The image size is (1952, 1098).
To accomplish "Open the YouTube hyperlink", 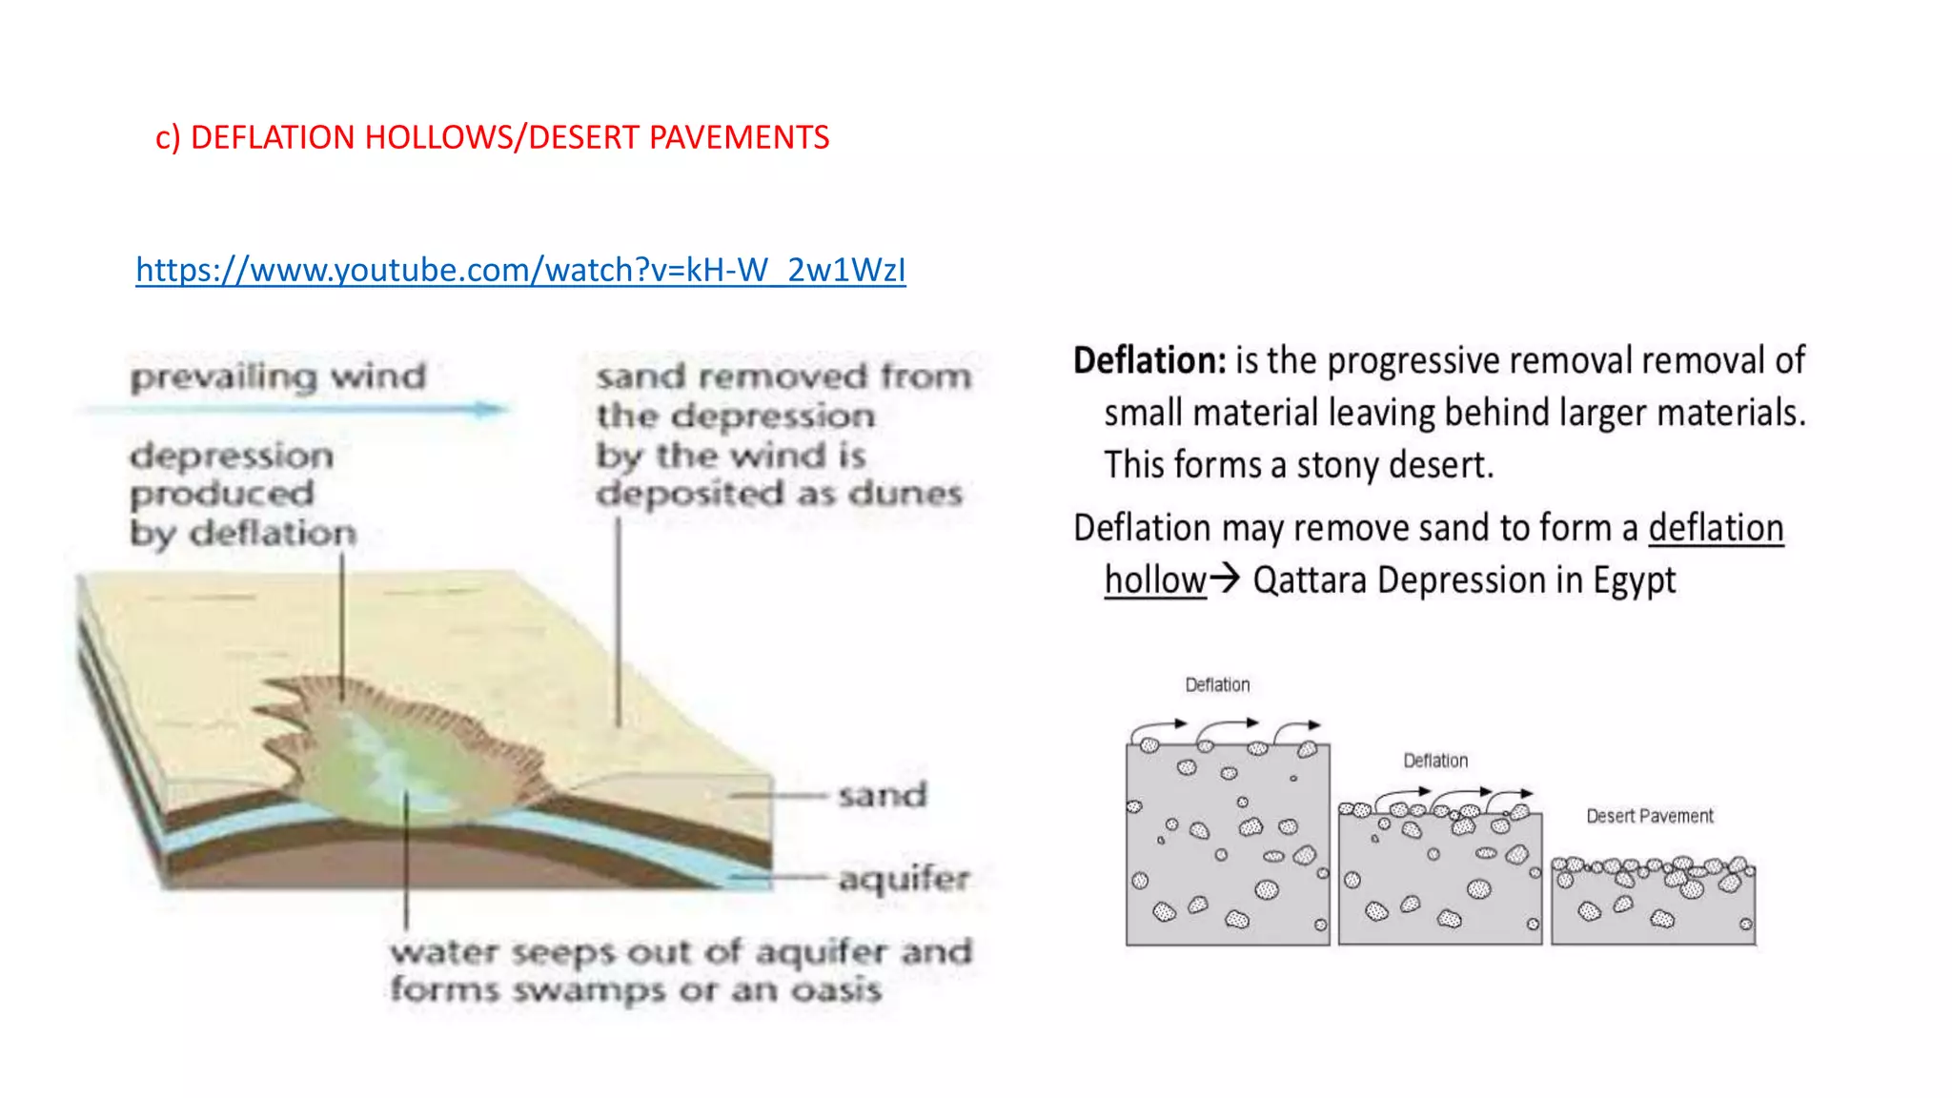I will pos(520,271).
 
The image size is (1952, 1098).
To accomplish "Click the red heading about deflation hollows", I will pos(492,137).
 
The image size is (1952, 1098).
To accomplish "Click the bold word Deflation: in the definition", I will pos(1149,360).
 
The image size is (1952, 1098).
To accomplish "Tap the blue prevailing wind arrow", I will pos(295,410).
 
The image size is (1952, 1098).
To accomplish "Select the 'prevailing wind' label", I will pos(278,376).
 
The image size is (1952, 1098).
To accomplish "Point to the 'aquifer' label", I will pos(904,878).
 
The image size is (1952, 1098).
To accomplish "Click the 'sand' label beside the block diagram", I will pos(882,794).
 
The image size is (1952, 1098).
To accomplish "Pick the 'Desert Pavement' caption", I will pos(1649,816).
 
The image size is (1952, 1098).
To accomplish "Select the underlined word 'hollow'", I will pos(1155,579).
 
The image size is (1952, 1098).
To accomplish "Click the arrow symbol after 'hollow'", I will pos(1225,578).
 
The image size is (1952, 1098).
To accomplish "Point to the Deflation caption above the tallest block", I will pos(1217,684).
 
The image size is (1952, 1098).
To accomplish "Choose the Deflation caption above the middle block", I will pos(1434,761).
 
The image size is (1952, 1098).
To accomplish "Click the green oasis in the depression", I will pos(381,762).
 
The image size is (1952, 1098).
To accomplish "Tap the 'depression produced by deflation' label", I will pos(242,494).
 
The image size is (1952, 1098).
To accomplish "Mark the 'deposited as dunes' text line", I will pos(779,494).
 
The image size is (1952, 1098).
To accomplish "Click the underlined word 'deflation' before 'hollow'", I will pos(1716,527).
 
